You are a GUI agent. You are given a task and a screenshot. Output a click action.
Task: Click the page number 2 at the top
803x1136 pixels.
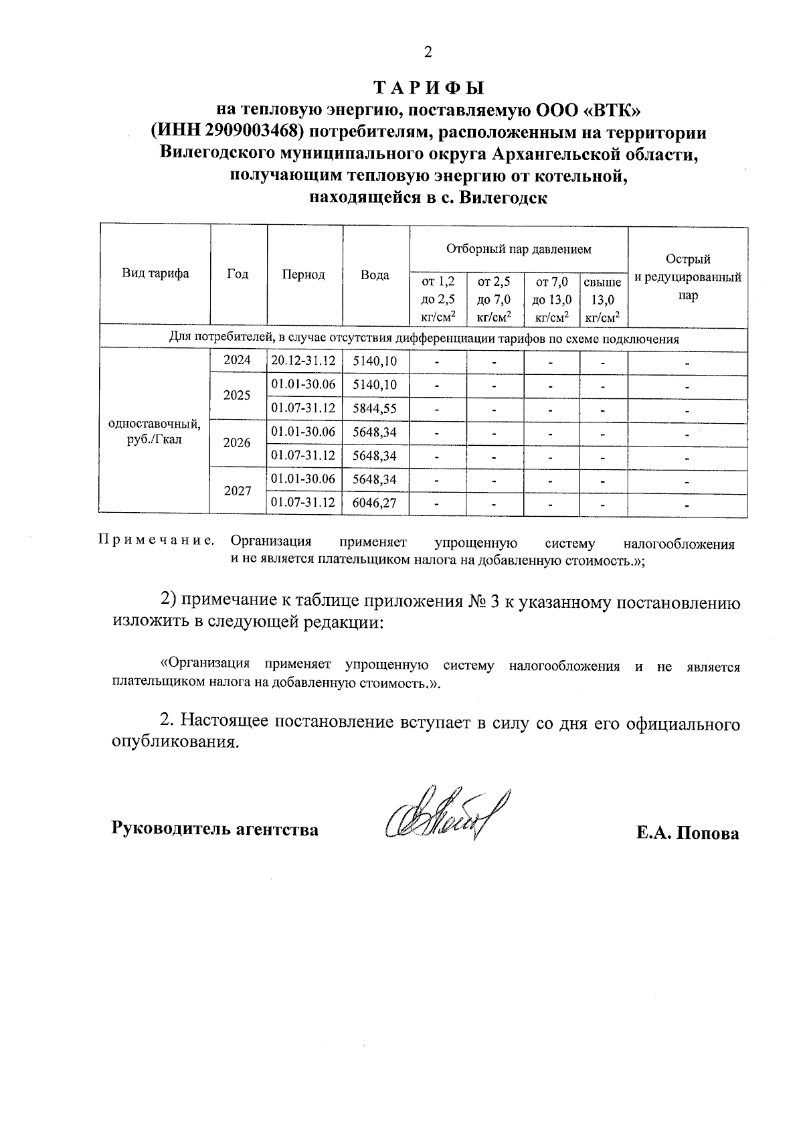tap(428, 52)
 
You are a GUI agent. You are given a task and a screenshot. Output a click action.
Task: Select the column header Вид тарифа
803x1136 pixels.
tap(155, 274)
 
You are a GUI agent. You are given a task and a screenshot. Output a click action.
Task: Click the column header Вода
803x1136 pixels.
tap(375, 275)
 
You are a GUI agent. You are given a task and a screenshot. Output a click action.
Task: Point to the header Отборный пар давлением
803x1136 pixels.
tap(519, 250)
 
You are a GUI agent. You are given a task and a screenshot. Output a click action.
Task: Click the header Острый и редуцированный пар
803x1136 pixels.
tap(688, 277)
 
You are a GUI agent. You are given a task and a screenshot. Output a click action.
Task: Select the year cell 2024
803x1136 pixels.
tap(238, 360)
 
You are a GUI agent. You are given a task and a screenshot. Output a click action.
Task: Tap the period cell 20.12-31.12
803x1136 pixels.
tap(304, 361)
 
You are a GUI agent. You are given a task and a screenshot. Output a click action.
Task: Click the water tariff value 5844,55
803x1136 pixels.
tap(375, 408)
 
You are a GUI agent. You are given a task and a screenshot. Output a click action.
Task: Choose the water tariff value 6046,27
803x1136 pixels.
tap(375, 503)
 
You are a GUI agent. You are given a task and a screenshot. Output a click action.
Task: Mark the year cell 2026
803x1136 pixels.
tap(238, 443)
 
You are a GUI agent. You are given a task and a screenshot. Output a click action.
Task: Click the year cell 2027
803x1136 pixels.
tap(238, 491)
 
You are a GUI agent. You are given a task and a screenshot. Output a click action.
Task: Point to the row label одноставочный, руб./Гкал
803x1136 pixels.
tap(155, 432)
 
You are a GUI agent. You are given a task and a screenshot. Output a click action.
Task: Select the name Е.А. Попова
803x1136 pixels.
tap(688, 833)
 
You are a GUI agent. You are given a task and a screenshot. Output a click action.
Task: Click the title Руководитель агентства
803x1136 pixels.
tap(214, 829)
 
